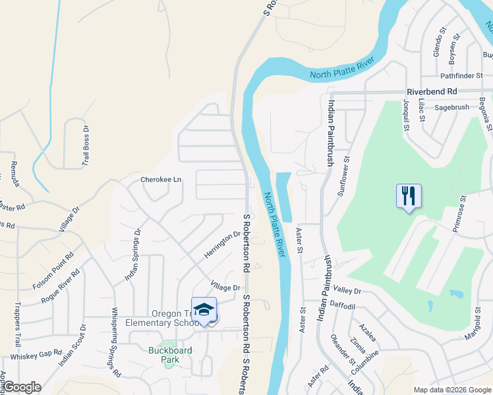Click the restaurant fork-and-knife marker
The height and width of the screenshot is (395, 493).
[x=409, y=196]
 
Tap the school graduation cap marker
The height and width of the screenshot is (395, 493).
[x=204, y=310]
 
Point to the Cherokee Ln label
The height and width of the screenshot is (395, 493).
[x=160, y=180]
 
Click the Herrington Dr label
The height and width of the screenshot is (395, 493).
[x=223, y=245]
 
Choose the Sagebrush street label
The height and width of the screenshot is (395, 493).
[x=451, y=107]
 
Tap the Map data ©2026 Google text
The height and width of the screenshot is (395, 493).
[x=451, y=390]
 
